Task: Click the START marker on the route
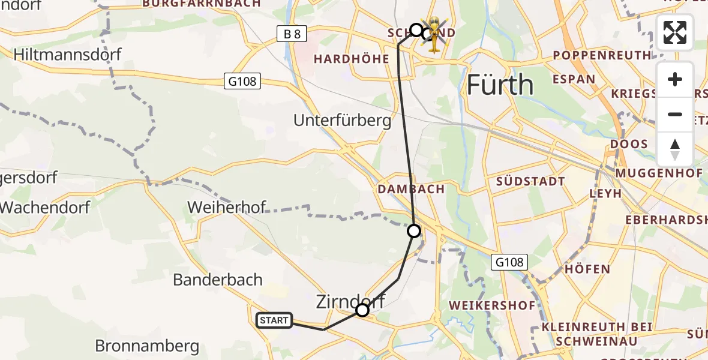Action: tap(274, 320)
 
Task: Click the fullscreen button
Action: tap(675, 32)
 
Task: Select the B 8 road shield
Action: tap(292, 34)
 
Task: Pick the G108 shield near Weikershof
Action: tap(510, 262)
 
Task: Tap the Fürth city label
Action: tap(499, 85)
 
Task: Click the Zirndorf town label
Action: tap(350, 301)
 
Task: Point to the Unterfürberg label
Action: tap(342, 121)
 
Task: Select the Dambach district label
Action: tap(411, 189)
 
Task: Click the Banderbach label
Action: tap(218, 280)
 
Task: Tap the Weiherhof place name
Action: tap(227, 208)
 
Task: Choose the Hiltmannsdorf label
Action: tap(67, 55)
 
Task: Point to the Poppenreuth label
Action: tap(601, 55)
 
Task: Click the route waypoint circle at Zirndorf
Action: tap(362, 310)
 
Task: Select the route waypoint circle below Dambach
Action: tap(414, 230)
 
